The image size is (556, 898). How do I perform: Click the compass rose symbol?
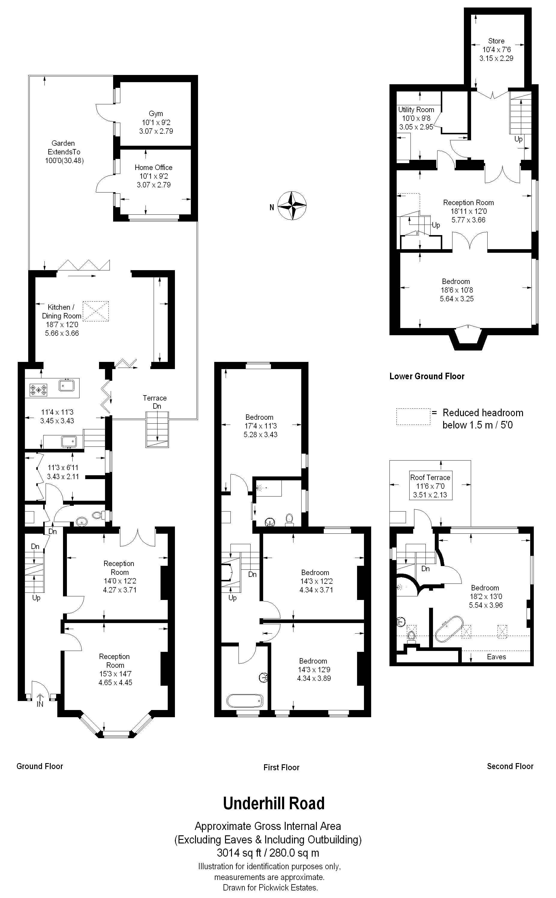point(292,206)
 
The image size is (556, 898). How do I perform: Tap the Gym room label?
point(156,114)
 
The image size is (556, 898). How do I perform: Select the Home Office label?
point(153,168)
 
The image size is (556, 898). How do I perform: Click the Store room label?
point(496,41)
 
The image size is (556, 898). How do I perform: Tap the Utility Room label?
point(416,109)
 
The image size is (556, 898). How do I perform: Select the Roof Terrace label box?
point(430,485)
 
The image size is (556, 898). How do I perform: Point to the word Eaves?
point(496,657)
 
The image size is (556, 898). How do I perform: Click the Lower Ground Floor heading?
point(427,376)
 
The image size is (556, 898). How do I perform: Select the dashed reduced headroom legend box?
point(413,417)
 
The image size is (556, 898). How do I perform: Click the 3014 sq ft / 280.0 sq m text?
point(268,852)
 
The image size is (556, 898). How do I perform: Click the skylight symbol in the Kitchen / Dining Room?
point(96,311)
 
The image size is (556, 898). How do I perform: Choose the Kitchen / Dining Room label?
point(62,311)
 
